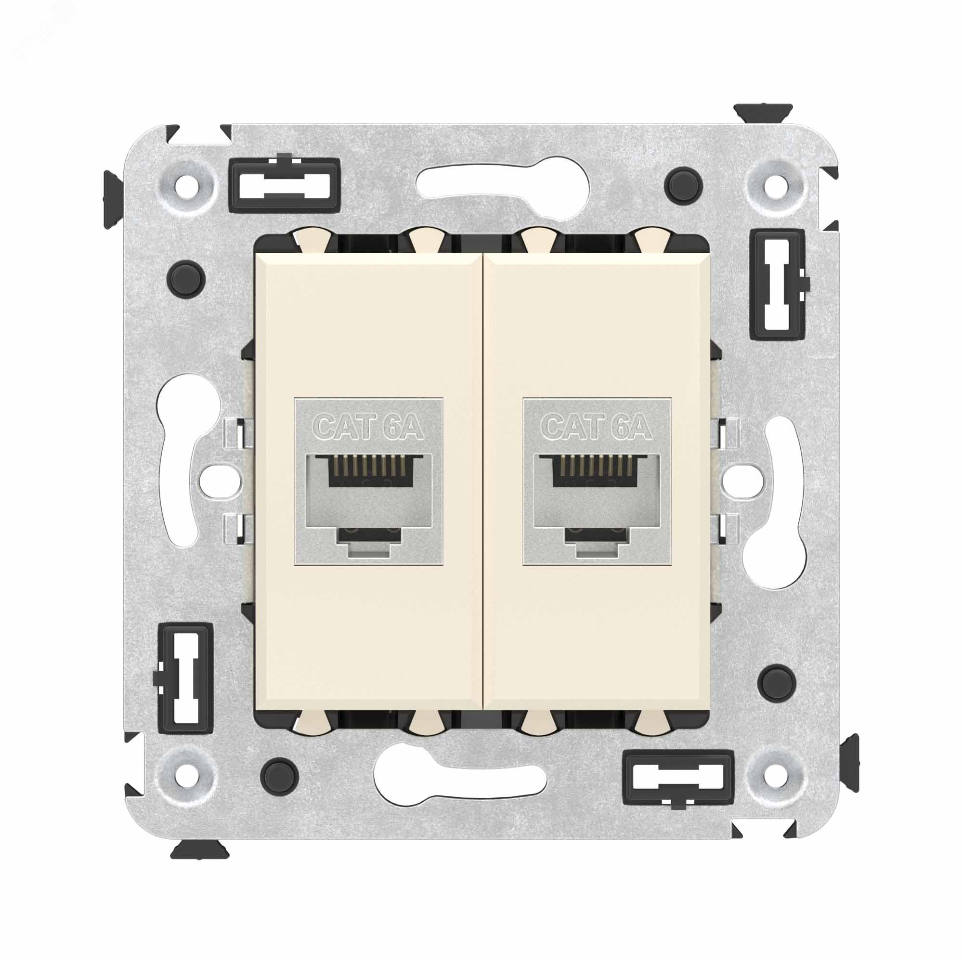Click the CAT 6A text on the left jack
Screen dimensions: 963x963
369,427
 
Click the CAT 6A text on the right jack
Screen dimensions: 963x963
597,427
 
